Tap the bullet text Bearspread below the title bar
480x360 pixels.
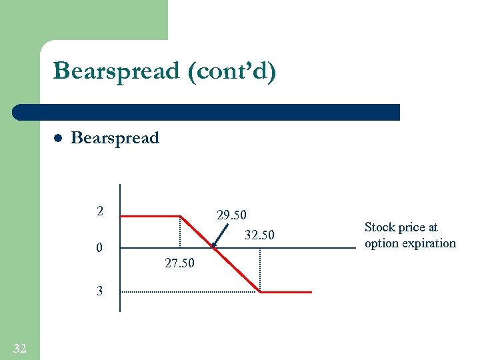pos(115,138)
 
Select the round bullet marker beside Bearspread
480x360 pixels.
pos(58,139)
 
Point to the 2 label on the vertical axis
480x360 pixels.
pos(99,212)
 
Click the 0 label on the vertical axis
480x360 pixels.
pos(99,249)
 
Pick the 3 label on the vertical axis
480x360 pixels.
pos(99,291)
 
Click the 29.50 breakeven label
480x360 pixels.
pos(231,215)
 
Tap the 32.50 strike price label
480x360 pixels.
pos(259,235)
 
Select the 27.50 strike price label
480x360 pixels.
pos(179,263)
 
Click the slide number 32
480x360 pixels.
pos(20,347)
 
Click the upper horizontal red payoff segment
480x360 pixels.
pos(151,216)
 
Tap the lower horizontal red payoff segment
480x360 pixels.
pos(285,292)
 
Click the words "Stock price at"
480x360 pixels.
pos(401,227)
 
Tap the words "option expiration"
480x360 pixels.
pos(410,243)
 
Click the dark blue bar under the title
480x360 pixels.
pos(207,112)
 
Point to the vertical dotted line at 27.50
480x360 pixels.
pos(180,232)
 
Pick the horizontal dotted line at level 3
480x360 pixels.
pos(190,292)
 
